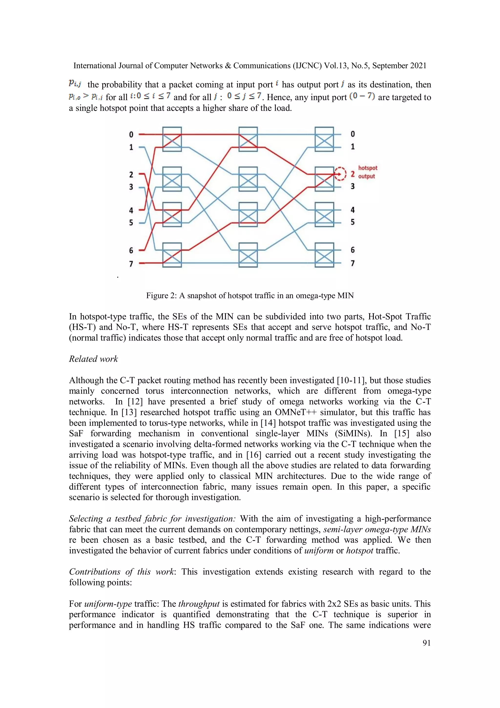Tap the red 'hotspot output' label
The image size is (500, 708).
click(x=367, y=172)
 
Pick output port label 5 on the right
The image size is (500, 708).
click(x=353, y=222)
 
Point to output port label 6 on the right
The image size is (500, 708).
click(x=353, y=250)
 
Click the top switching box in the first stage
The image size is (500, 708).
click(x=172, y=139)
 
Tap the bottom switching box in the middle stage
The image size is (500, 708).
click(x=248, y=255)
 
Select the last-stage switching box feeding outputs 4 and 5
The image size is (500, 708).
click(x=324, y=215)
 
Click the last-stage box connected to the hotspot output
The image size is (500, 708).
click(x=324, y=179)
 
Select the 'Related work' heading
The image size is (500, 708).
click(x=93, y=359)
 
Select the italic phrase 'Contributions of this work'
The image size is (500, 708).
click(x=122, y=572)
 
